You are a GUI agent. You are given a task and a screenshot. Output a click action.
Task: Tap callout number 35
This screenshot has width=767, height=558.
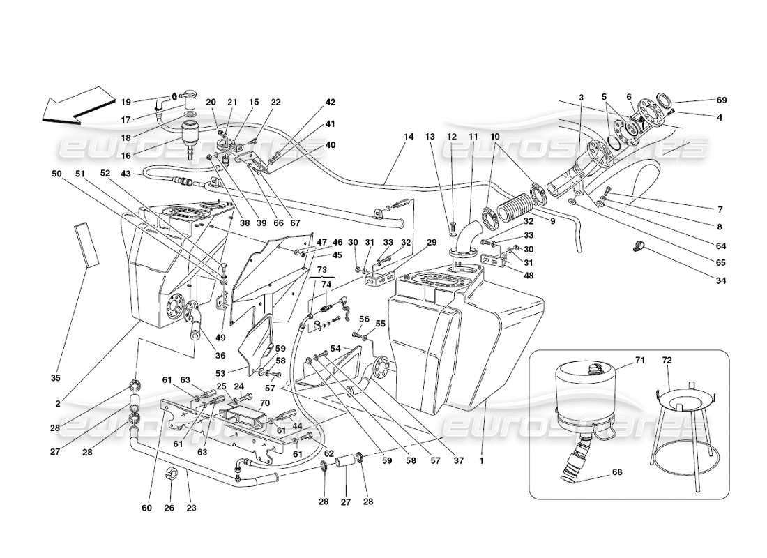(56, 378)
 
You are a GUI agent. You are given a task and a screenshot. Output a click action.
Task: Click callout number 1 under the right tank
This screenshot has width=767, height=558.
(481, 460)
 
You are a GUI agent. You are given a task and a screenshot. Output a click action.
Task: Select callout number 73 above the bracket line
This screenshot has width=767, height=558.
(322, 269)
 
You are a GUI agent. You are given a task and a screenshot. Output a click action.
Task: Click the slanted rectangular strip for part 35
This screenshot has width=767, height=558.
(86, 244)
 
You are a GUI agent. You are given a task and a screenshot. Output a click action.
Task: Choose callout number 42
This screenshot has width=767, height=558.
(331, 102)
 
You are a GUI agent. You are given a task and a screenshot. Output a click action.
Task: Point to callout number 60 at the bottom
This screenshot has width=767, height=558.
(146, 508)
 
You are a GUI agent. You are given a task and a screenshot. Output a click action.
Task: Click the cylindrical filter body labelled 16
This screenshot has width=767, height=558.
(190, 135)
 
